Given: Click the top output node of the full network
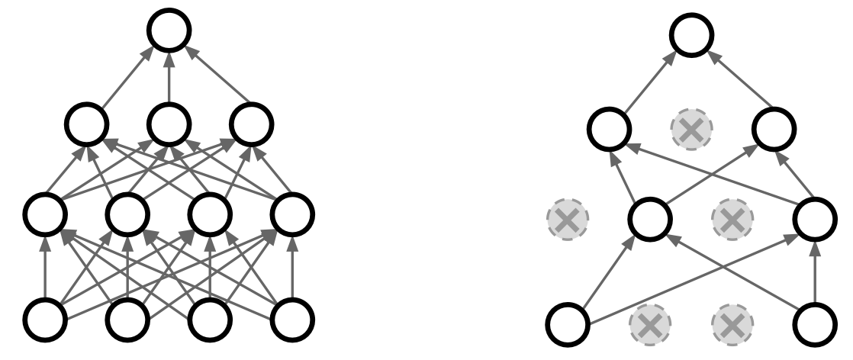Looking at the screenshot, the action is (169, 31).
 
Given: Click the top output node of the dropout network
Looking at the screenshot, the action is (691, 31).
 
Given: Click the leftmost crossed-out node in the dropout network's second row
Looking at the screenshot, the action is (567, 220).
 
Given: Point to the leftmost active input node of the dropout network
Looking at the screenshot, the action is (567, 323).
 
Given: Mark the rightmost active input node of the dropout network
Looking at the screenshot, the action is (815, 323).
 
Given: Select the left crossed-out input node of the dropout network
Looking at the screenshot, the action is (649, 323).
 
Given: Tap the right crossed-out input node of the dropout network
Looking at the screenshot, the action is (732, 323).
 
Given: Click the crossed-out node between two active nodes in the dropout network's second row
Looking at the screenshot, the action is (732, 220).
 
